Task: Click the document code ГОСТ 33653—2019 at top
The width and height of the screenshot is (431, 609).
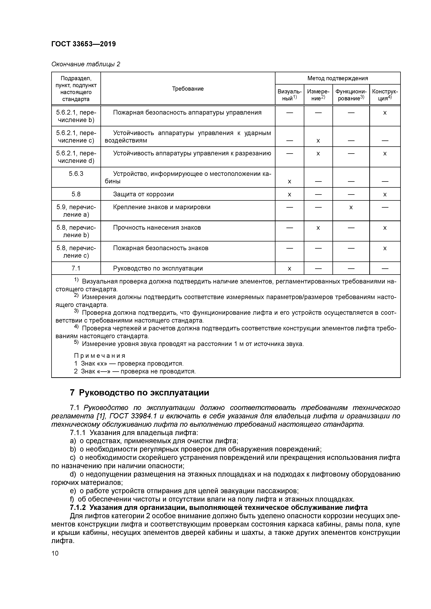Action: click(x=83, y=44)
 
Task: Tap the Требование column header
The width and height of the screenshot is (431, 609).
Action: click(x=188, y=89)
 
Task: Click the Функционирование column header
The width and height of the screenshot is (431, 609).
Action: click(x=351, y=95)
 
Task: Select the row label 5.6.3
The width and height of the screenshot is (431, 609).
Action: click(x=76, y=174)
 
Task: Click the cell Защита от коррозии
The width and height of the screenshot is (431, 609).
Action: click(x=143, y=194)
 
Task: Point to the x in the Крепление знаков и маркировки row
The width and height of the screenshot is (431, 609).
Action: click(x=351, y=207)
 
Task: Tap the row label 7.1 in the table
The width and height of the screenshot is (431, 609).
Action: click(x=76, y=268)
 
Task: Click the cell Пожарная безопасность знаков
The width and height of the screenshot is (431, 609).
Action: click(x=161, y=248)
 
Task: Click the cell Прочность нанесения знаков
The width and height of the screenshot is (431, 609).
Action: click(x=157, y=228)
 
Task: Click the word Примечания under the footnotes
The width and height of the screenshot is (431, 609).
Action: click(x=99, y=356)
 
